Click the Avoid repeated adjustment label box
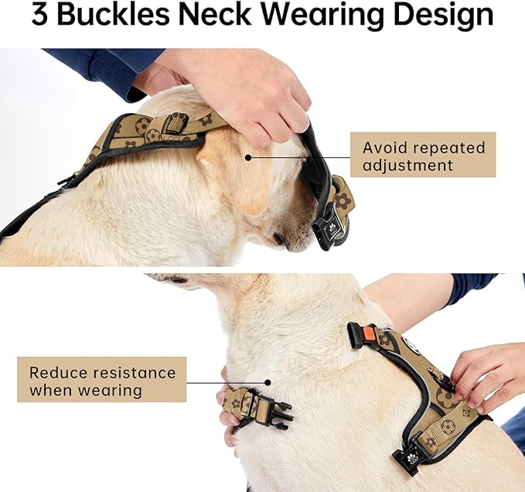pos(422,155)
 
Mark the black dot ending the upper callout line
pos(248,156)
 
